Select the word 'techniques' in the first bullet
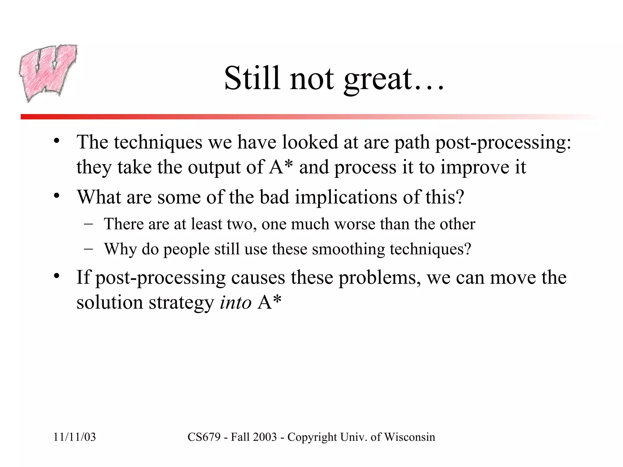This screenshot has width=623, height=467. pos(158,142)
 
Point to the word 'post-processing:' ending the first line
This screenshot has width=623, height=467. pos(503,142)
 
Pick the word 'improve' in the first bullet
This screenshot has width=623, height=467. pos(475,168)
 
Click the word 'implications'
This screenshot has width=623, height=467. pos(346,197)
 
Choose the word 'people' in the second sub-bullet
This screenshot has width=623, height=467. pos(186,250)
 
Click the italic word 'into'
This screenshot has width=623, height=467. pos(235,303)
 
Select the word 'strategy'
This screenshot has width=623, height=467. pos(181,303)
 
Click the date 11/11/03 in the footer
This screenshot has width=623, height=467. pos(75,437)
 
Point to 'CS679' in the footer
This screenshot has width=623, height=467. pos(204,437)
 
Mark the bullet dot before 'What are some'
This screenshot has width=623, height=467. pos(56,196)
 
